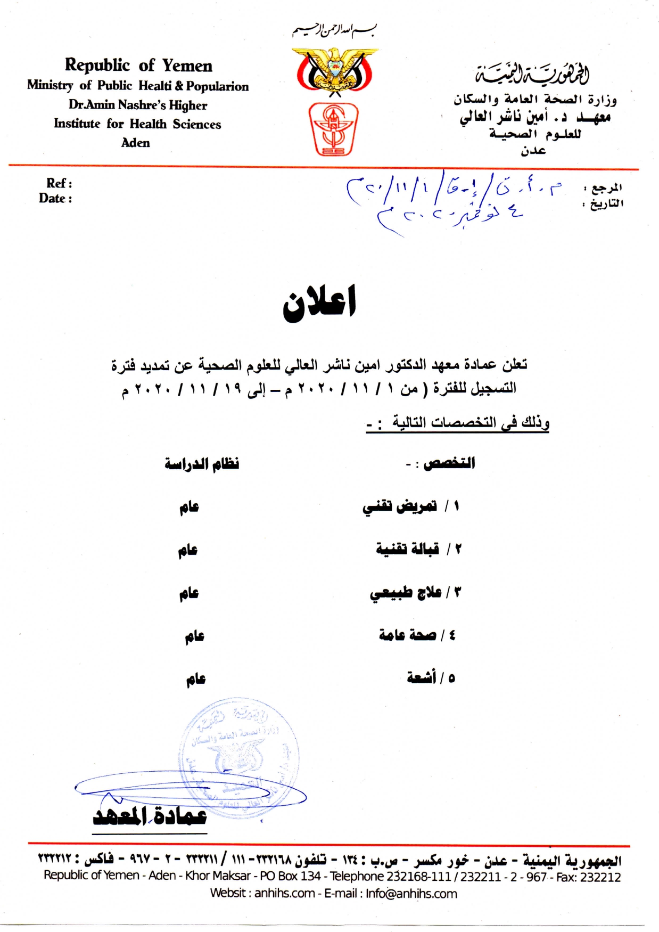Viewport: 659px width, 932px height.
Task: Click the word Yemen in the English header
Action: pyautogui.click(x=187, y=66)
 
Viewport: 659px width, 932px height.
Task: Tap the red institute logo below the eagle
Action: pyautogui.click(x=334, y=129)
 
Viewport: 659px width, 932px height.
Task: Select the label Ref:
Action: pyautogui.click(x=59, y=183)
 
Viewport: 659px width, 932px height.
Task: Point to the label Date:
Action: pyautogui.click(x=55, y=199)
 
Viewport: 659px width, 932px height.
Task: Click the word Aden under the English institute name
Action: pyautogui.click(x=136, y=143)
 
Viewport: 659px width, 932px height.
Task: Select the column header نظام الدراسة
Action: pyautogui.click(x=202, y=464)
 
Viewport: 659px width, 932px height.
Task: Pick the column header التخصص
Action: pyautogui.click(x=448, y=463)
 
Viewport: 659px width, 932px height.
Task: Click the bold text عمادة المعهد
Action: pyautogui.click(x=150, y=815)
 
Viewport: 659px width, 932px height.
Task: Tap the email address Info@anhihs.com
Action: pyautogui.click(x=411, y=894)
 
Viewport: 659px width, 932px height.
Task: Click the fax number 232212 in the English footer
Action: pyautogui.click(x=603, y=877)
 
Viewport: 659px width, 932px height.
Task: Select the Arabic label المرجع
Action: pyautogui.click(x=606, y=187)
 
